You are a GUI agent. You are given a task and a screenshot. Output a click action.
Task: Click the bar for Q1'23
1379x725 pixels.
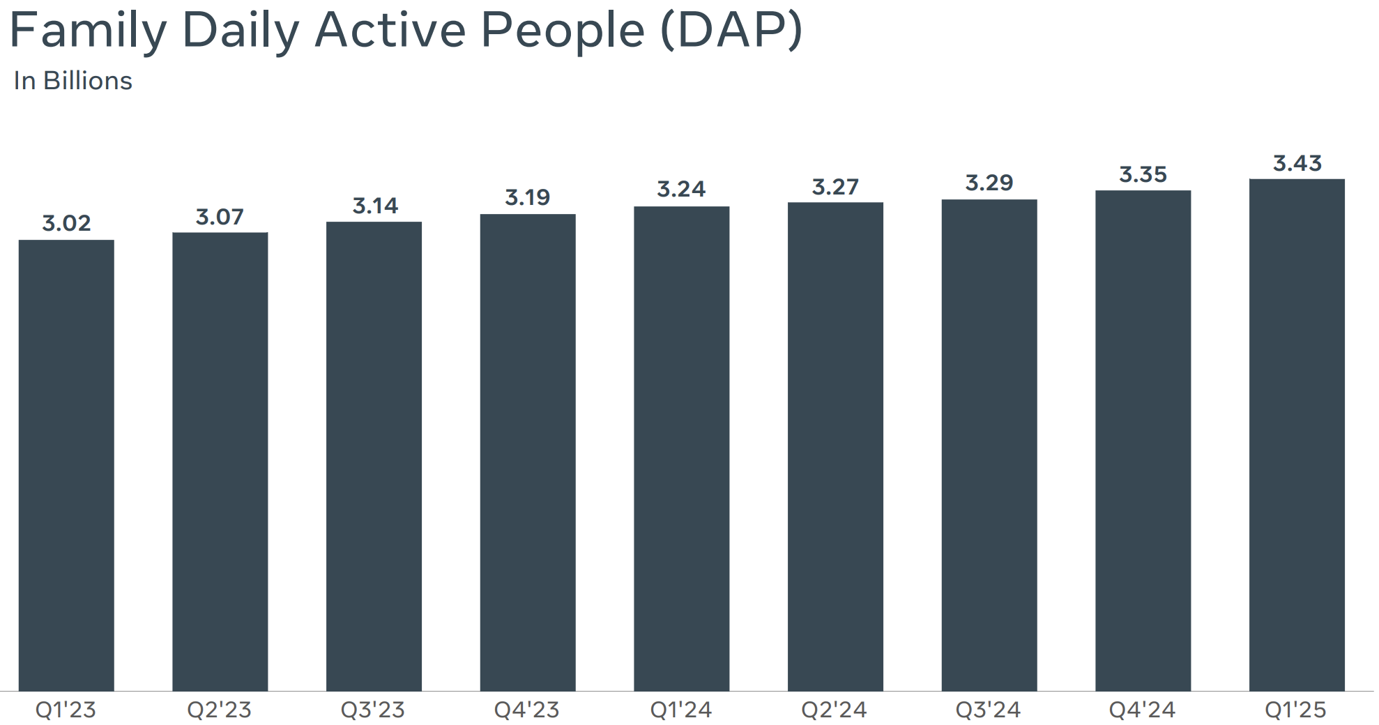[x=66, y=465]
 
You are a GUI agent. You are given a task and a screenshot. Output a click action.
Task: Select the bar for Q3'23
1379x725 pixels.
[x=374, y=456]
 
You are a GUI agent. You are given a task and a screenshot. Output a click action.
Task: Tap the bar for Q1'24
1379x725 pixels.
[x=681, y=448]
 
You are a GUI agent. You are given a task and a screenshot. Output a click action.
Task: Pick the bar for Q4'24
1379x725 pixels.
[x=1143, y=441]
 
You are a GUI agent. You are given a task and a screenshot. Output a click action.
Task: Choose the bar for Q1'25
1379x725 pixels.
[x=1297, y=435]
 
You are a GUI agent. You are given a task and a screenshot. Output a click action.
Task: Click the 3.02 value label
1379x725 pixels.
[x=66, y=223]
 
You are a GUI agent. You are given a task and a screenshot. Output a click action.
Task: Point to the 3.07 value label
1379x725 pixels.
[x=220, y=217]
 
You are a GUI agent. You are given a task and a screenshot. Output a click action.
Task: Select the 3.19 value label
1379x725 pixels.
[x=528, y=197]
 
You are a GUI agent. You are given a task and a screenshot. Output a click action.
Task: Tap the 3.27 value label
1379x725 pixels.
[x=835, y=187]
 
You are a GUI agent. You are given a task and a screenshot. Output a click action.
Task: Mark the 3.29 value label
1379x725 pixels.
[x=989, y=183]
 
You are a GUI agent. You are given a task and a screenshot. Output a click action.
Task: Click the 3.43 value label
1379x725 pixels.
[x=1297, y=163]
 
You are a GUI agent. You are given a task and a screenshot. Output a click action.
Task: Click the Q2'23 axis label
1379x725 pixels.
[x=220, y=710]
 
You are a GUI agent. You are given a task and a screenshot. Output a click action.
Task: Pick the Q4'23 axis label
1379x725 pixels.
[x=527, y=710]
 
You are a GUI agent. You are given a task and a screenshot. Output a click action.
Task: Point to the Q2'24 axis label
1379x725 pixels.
[x=835, y=710]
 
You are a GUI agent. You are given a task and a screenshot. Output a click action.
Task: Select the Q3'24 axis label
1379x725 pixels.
[x=989, y=710]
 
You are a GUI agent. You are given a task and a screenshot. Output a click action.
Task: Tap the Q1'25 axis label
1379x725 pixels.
[x=1296, y=710]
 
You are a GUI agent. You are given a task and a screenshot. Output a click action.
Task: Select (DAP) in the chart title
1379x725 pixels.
[x=731, y=31]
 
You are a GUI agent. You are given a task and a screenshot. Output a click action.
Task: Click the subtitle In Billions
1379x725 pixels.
[x=73, y=81]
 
